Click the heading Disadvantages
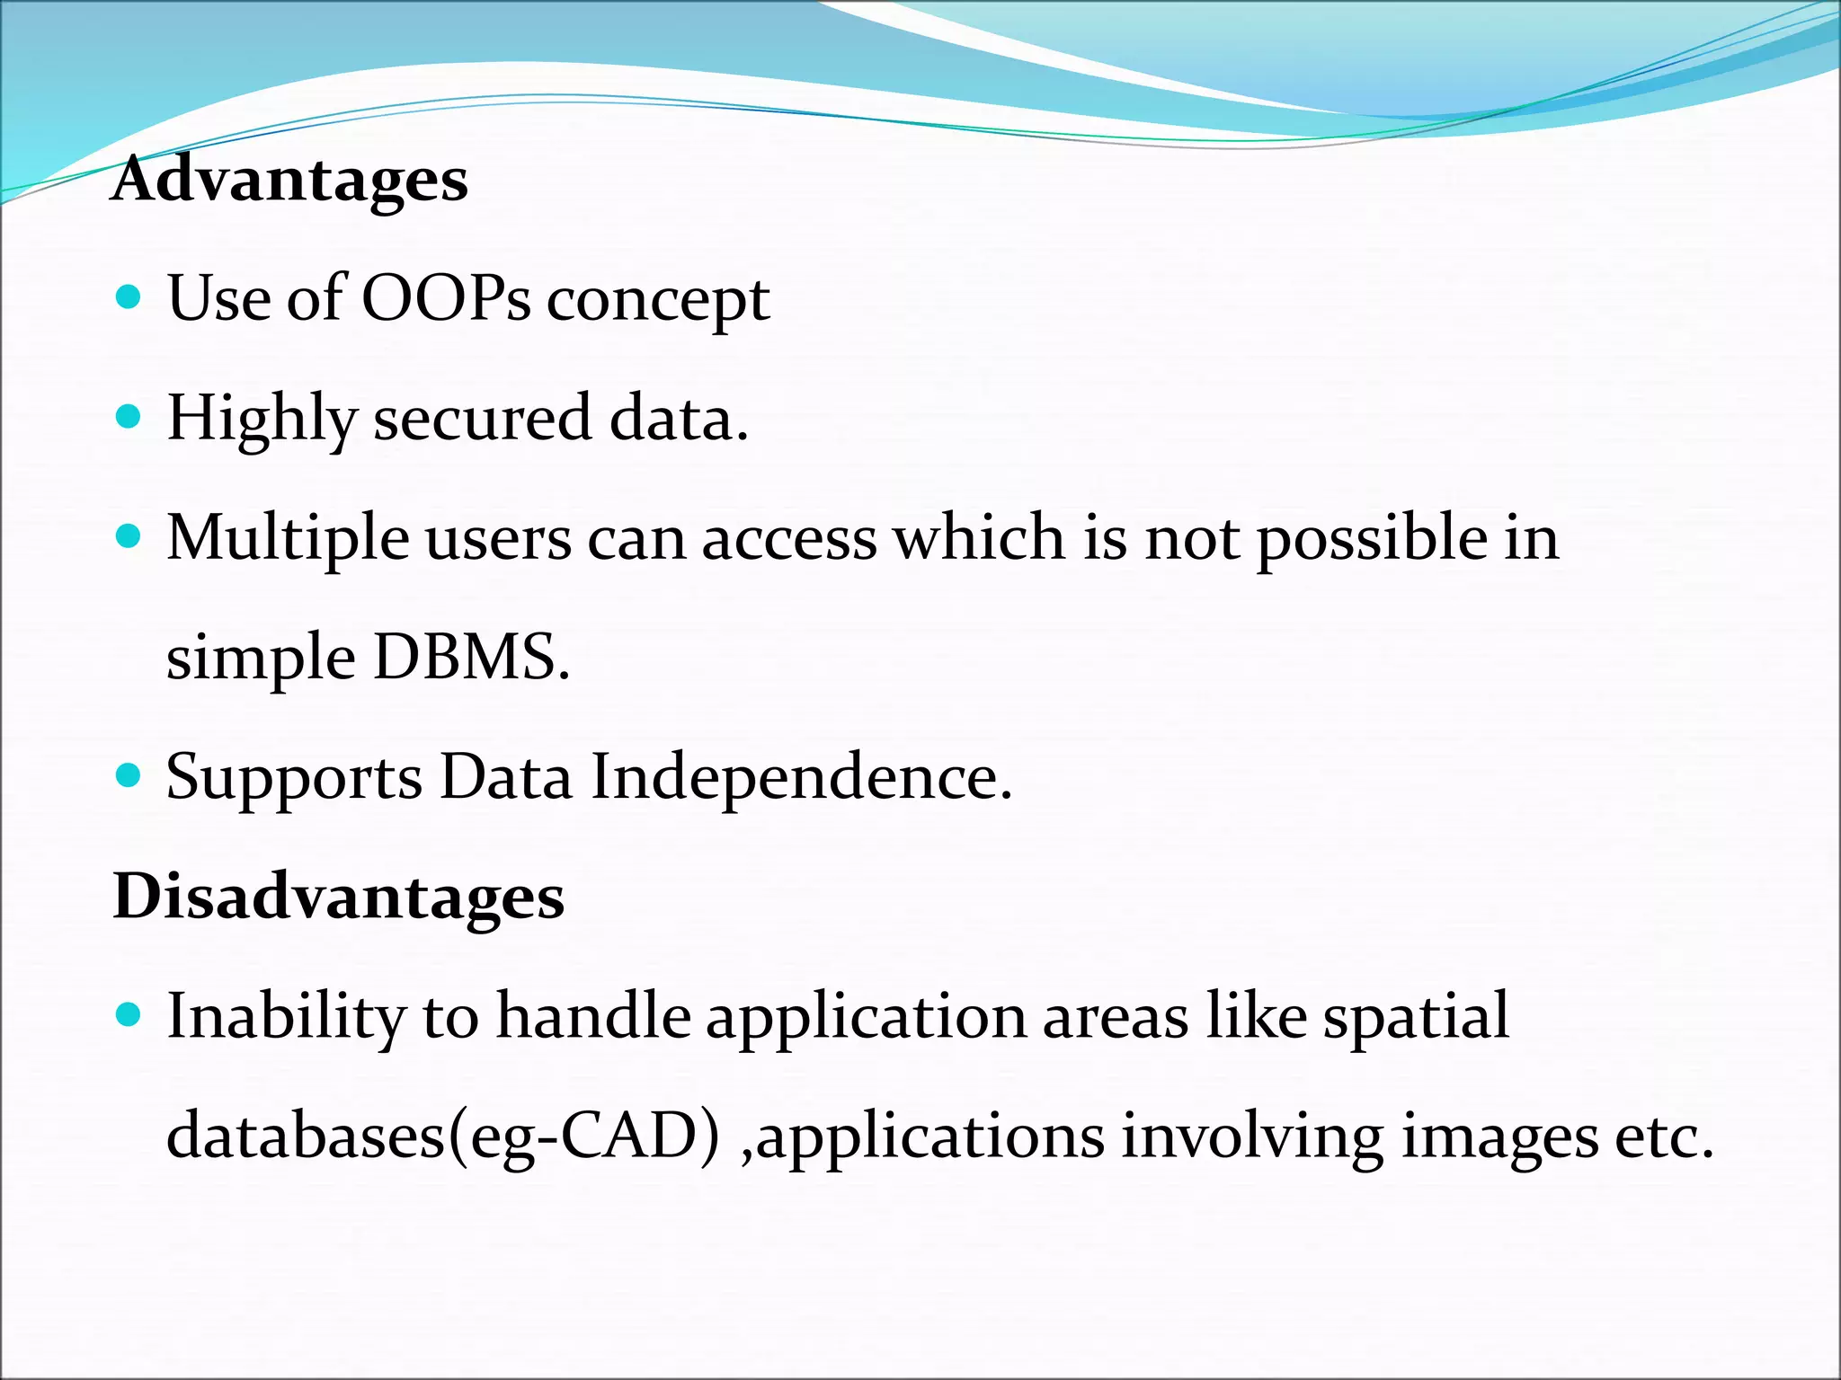pos(338,897)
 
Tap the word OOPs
pos(446,298)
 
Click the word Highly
pos(262,420)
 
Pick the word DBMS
pos(471,657)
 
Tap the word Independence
pos(801,777)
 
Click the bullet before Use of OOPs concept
pos(129,297)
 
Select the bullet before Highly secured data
pos(129,417)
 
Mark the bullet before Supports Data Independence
pos(129,775)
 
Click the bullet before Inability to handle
pos(129,1015)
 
